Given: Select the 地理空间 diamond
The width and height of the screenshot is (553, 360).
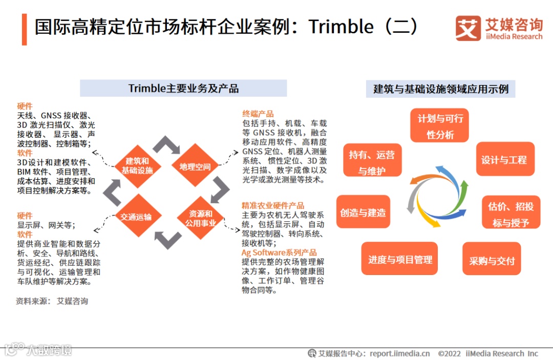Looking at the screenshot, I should (x=195, y=166).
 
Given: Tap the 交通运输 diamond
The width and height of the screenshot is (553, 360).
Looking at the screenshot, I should (x=136, y=216).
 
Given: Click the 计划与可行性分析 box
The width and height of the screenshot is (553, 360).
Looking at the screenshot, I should (x=439, y=126).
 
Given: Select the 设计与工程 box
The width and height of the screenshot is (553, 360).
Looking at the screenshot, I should (x=504, y=160).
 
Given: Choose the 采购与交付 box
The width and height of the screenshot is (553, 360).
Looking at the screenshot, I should (x=492, y=261).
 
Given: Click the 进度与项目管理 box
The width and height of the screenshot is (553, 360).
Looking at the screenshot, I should (x=399, y=260).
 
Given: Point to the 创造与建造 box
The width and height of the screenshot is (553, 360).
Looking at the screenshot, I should (x=363, y=212).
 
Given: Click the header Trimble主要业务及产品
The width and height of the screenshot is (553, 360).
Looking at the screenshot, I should (x=183, y=89).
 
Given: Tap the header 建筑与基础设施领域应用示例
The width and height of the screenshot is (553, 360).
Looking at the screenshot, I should (x=441, y=89).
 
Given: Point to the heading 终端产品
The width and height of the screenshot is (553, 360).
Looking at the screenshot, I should (x=258, y=114).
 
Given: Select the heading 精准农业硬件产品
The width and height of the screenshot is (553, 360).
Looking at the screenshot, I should (x=273, y=205).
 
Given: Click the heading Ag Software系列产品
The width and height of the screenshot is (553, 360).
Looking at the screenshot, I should (x=279, y=252).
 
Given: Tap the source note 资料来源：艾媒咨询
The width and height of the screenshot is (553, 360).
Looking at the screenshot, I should (x=52, y=301).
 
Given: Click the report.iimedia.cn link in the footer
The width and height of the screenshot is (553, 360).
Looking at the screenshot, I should (x=400, y=353).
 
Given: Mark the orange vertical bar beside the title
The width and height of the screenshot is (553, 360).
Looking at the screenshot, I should (x=24, y=29).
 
